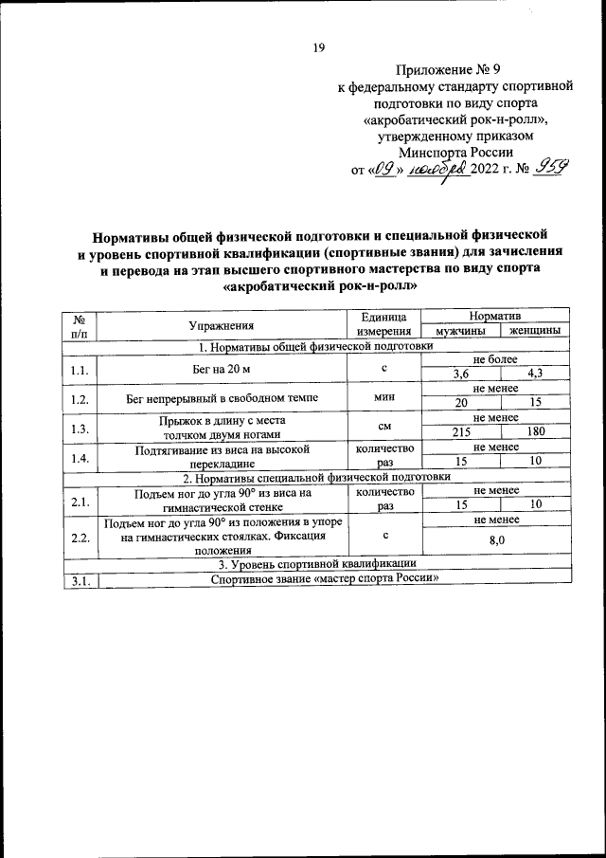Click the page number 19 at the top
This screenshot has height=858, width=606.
[319, 48]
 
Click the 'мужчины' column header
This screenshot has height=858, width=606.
[458, 331]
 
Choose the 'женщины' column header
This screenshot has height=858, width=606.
[535, 331]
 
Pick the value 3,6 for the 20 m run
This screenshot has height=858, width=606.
[460, 374]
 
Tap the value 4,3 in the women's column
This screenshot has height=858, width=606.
[535, 374]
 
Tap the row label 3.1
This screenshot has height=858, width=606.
[80, 581]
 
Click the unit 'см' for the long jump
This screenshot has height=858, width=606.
[383, 426]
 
